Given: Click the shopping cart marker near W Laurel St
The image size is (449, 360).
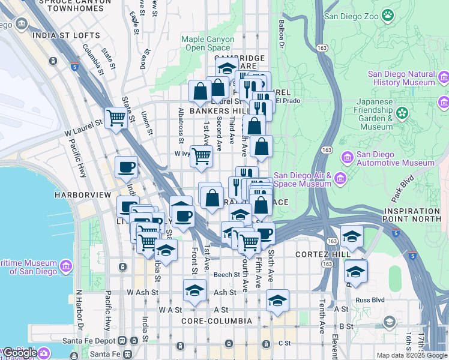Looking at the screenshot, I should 116,118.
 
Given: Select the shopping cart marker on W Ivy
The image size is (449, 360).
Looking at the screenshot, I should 202,156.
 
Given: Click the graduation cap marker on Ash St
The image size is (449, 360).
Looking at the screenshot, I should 194,291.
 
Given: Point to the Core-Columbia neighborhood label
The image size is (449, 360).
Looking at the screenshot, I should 214,321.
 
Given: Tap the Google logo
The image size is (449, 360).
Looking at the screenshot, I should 20,353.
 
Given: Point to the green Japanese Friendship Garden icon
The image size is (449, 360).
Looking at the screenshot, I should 402,112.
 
